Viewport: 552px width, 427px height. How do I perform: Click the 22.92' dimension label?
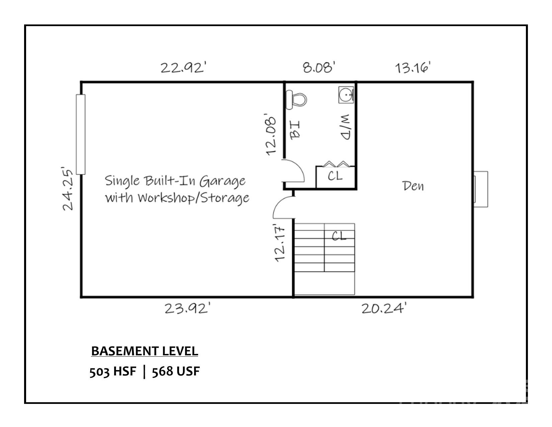(x=183, y=68)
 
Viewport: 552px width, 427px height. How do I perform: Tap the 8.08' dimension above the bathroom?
(x=319, y=67)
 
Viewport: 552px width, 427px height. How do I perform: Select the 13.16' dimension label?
(x=413, y=68)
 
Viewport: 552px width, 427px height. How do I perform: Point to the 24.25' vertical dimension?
(x=67, y=189)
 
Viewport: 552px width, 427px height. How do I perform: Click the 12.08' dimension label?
(x=270, y=135)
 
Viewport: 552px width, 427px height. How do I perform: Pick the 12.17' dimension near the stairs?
(x=280, y=243)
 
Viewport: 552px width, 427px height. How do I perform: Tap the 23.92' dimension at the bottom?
(x=187, y=308)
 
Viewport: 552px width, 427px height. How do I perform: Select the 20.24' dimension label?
(x=384, y=308)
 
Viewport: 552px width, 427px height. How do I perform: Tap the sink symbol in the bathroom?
(x=346, y=95)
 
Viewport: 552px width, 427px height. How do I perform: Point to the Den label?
(x=413, y=186)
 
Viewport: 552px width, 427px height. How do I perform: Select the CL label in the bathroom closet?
(x=335, y=176)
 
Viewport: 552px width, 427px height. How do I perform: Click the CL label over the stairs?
(x=339, y=236)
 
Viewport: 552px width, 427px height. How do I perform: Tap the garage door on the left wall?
(x=81, y=135)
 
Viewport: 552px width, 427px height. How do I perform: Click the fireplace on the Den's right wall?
(x=481, y=189)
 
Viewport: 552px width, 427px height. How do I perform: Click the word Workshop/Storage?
(x=193, y=198)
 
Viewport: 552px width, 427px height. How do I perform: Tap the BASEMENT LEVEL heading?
(x=145, y=351)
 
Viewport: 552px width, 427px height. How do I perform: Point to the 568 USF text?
(x=176, y=371)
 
